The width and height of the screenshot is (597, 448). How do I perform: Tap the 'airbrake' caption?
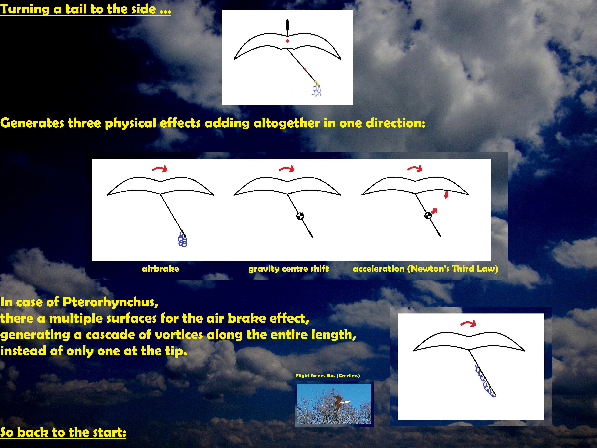160,269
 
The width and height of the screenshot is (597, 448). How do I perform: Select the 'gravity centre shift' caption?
289,269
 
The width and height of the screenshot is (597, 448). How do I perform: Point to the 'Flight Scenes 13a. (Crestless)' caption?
328,375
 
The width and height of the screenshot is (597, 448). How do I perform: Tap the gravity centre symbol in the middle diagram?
300,216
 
